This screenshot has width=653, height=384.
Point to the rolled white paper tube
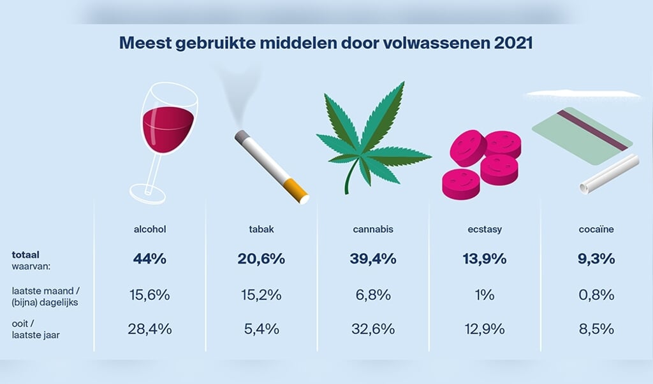pos(608,173)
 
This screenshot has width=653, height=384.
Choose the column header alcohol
pos(150,229)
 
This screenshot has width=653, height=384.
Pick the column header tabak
pos(261,229)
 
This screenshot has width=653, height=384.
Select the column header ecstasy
pos(484,229)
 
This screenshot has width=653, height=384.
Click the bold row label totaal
pos(26,254)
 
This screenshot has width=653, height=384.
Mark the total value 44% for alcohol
pos(150,259)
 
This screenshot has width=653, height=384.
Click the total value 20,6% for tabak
pos(261,259)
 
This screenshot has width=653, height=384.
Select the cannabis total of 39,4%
pos(373,259)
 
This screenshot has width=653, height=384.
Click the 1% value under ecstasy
pos(484,295)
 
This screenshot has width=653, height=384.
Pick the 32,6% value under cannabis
pos(373,329)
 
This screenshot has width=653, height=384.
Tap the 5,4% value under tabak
pos(261,329)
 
